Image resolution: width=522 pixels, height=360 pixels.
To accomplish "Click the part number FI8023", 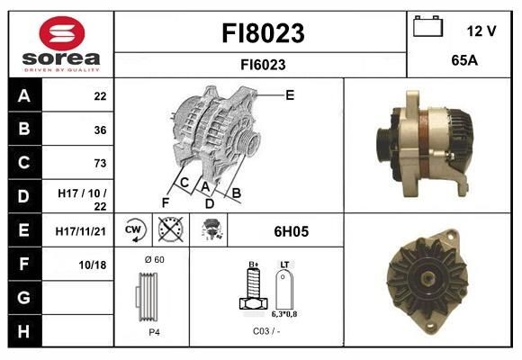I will pyautogui.click(x=263, y=33).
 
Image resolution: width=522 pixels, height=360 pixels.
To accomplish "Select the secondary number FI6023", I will pyautogui.click(x=263, y=64).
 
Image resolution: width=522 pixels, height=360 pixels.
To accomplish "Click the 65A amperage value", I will pyautogui.click(x=463, y=62).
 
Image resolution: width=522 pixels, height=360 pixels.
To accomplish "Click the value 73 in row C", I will pyautogui.click(x=99, y=163).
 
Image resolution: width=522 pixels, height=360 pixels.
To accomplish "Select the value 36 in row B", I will pyautogui.click(x=99, y=130).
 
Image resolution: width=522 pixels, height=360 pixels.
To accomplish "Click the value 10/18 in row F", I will pyautogui.click(x=94, y=265).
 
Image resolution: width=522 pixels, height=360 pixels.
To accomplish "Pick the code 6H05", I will pyautogui.click(x=291, y=231).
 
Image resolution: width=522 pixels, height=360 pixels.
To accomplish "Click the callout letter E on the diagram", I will pyautogui.click(x=290, y=94).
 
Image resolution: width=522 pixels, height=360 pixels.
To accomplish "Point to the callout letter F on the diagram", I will pyautogui.click(x=166, y=202).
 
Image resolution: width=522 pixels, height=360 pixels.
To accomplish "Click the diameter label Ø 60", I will pyautogui.click(x=153, y=260).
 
